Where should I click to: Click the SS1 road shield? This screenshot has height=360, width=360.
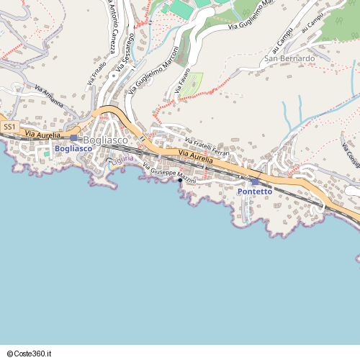pos(9,127)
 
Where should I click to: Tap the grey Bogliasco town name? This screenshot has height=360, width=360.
pos(106,140)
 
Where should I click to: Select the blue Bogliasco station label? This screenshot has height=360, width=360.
pos(73,148)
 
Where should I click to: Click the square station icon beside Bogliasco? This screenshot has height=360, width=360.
pos(73,138)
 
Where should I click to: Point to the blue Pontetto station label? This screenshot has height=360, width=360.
pos(255,192)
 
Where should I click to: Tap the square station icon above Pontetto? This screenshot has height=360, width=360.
pos(255,181)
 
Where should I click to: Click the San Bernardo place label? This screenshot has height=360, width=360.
pos(289,58)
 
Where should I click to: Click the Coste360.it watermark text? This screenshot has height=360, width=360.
pos(29,354)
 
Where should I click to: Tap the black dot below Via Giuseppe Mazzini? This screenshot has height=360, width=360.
pos(180,181)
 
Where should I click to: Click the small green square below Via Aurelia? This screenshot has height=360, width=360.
pos(47,153)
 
